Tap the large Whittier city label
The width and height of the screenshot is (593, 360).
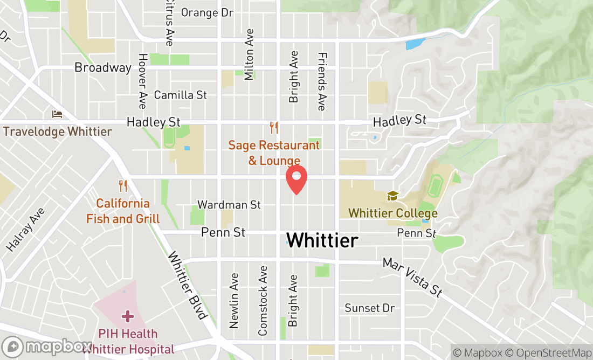point(322,240)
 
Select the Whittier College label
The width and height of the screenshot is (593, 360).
point(393,213)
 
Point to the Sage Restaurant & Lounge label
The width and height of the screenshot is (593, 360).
point(274,153)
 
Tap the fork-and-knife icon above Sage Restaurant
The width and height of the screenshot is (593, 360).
point(274,128)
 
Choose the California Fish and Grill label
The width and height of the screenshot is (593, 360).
point(123,211)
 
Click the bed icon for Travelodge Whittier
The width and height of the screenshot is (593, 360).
point(57,114)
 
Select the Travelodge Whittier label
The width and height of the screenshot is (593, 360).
point(57,131)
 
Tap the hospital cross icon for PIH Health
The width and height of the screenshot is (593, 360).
point(128,315)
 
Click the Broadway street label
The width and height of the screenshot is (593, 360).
point(103,68)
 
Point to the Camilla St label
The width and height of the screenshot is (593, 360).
point(180,95)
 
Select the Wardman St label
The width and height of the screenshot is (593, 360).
point(229,205)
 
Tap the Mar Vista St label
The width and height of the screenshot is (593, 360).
point(412,277)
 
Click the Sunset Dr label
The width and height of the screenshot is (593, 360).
point(370,308)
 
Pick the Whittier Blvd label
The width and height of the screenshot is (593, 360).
point(188,286)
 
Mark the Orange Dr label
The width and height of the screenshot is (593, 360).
point(207,12)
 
